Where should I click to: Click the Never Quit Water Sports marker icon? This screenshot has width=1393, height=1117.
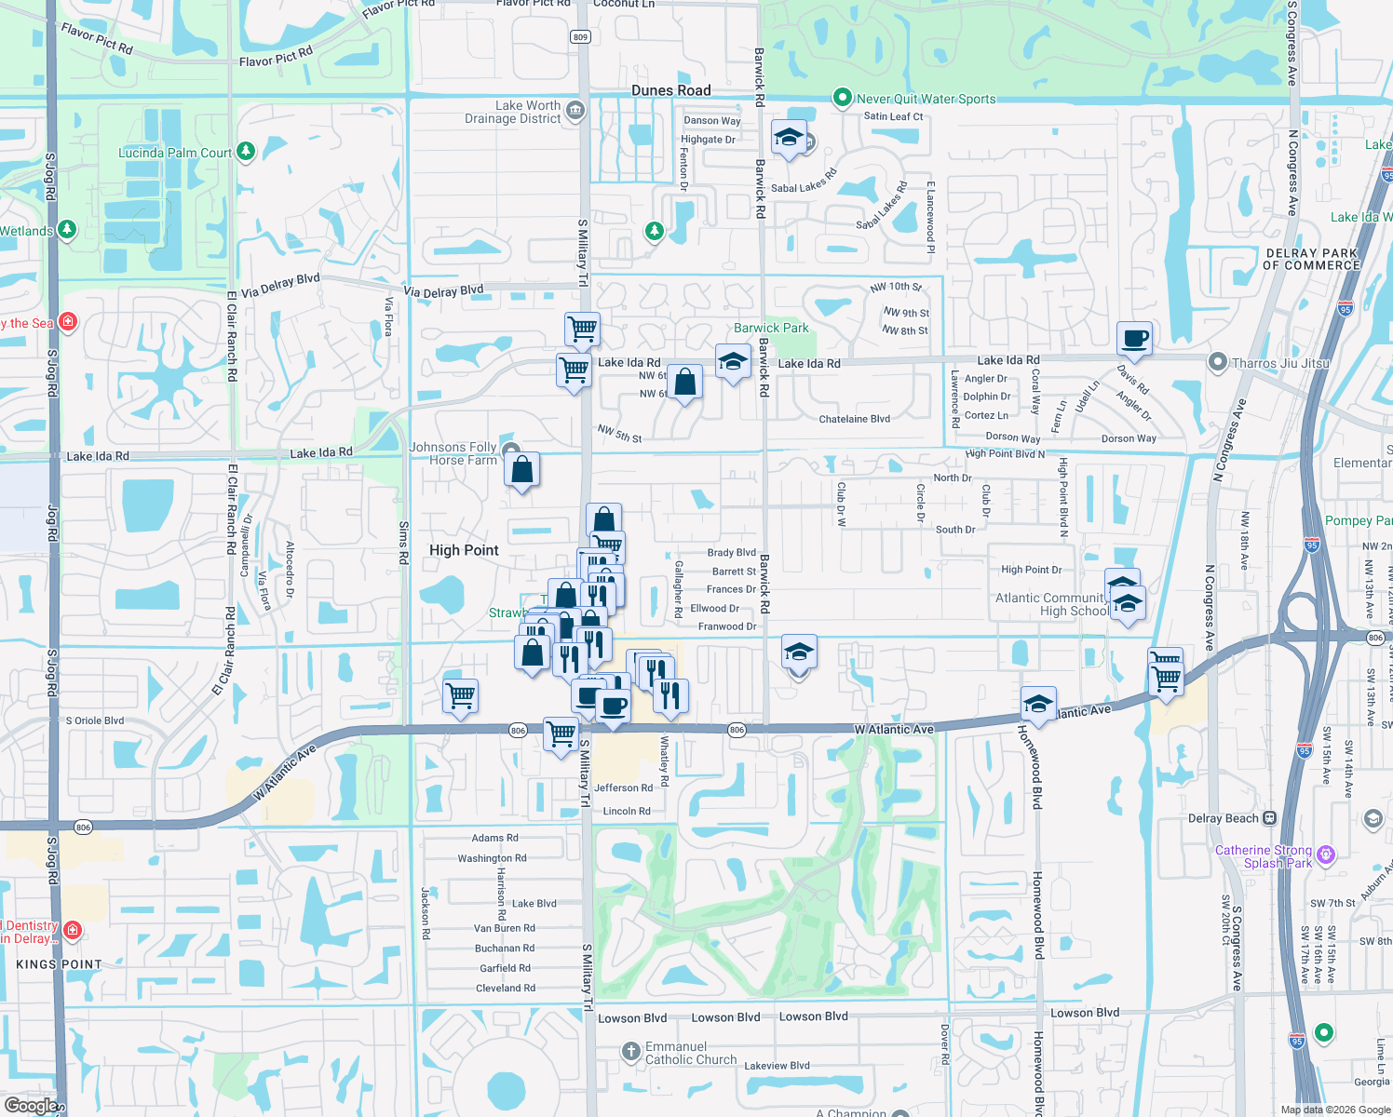pos(842,98)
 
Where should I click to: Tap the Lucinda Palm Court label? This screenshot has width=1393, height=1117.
pos(175,153)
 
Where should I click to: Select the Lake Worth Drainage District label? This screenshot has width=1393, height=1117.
pos(513,112)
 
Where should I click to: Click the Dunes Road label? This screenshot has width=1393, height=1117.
pos(670,90)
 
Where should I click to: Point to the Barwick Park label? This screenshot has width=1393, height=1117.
pos(771,328)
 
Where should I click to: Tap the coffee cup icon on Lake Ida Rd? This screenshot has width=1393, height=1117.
pos(1133,339)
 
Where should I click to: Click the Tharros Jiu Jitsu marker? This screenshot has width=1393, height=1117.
pos(1217,363)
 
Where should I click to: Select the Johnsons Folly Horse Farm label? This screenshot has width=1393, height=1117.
pos(453,453)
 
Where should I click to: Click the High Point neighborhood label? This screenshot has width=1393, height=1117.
pos(464,550)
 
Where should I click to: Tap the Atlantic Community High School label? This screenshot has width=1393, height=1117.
pos(1052,604)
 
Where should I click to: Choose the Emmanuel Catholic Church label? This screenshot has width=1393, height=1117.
pos(691,1053)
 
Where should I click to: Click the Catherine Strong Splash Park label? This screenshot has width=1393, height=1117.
pos(1264,856)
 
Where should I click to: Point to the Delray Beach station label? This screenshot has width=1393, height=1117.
pos(1224,818)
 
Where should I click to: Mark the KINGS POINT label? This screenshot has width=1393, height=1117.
pos(59,964)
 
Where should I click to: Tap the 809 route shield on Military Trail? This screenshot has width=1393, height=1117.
pos(580,36)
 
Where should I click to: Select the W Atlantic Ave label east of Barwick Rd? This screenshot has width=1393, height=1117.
pos(894,729)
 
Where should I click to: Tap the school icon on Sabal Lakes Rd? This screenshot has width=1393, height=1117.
pos(788,139)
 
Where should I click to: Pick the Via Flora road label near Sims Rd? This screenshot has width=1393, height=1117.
pos(389,316)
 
